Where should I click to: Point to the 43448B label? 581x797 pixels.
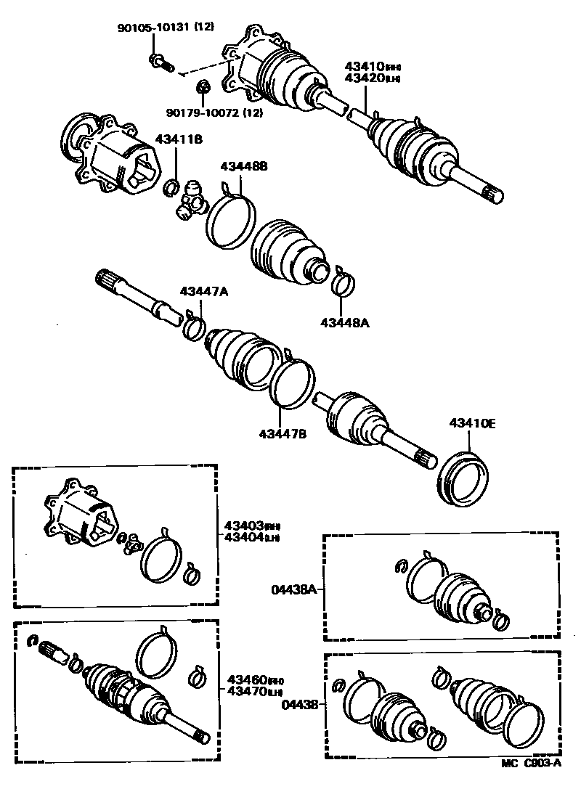click(x=244, y=166)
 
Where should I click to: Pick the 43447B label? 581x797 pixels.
click(x=283, y=434)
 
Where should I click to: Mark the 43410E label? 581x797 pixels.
click(x=472, y=424)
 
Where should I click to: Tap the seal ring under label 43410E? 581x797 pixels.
click(x=463, y=479)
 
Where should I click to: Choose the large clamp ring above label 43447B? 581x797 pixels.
click(x=293, y=380)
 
